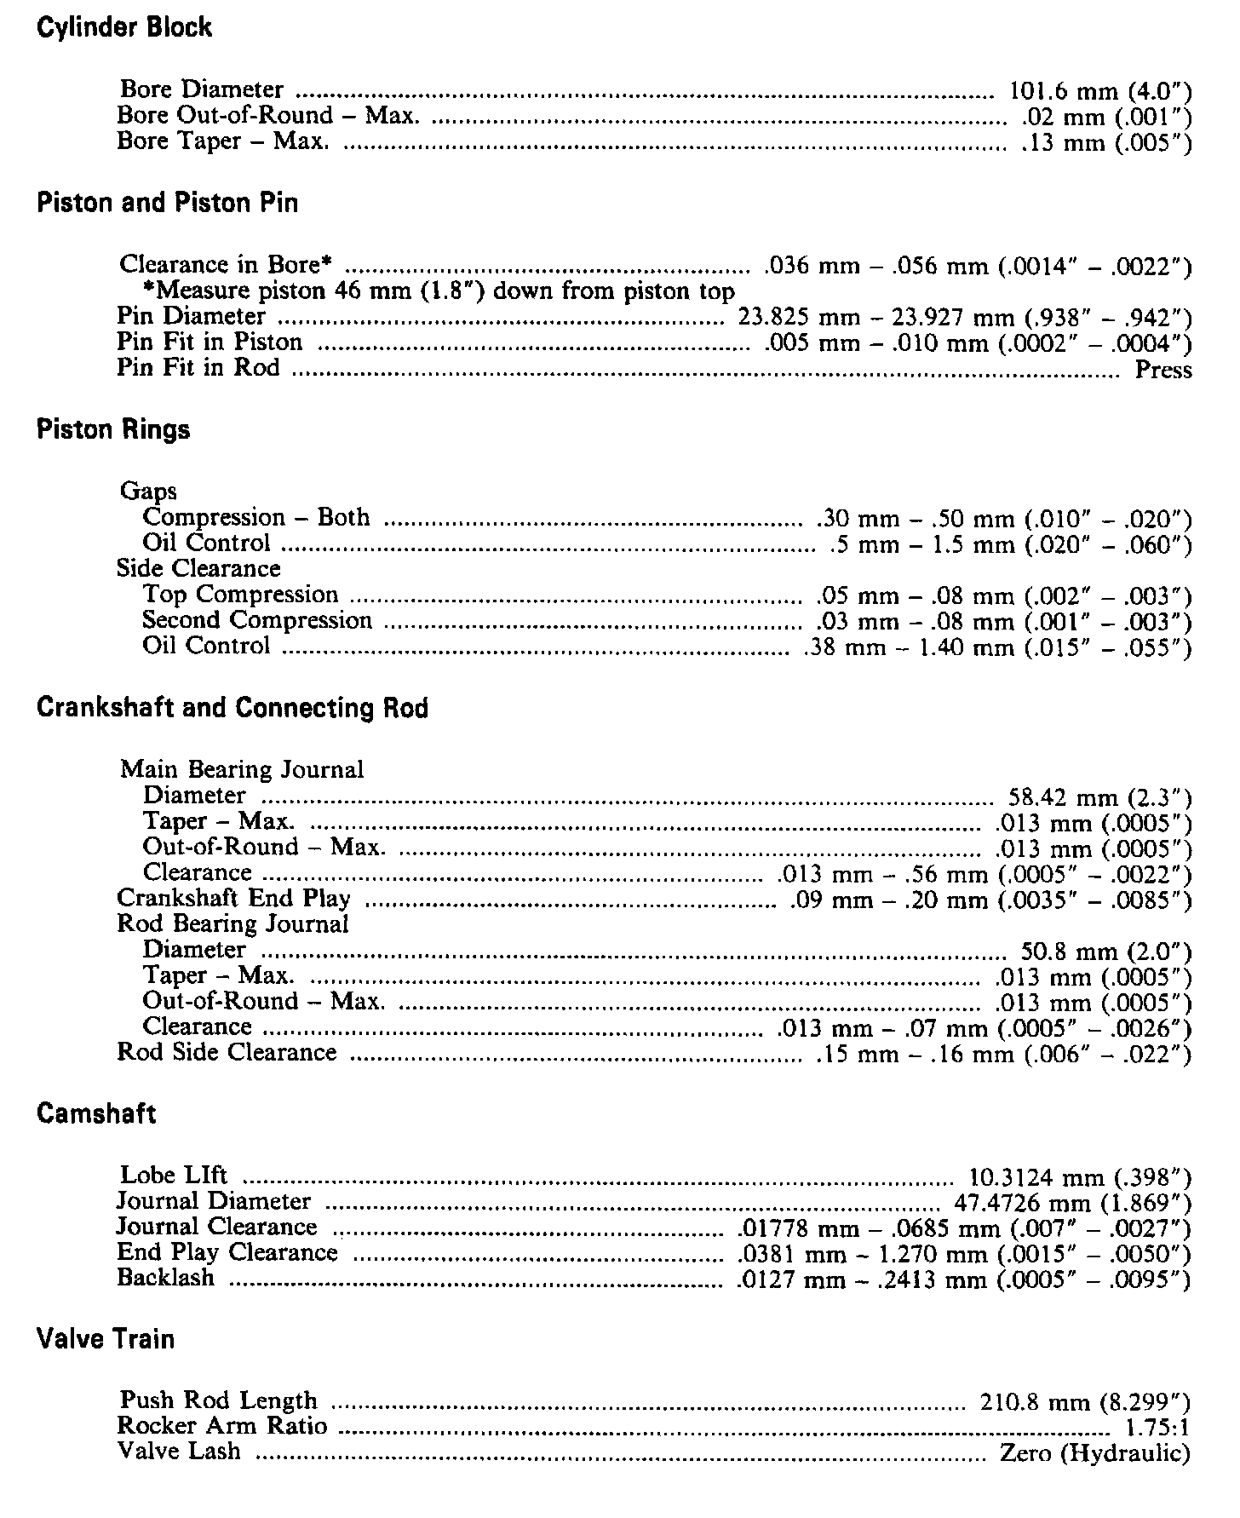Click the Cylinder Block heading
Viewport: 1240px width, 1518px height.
click(x=124, y=27)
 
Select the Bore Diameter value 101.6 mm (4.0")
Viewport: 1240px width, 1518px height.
click(x=1100, y=91)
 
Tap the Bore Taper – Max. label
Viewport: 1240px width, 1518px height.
click(x=223, y=141)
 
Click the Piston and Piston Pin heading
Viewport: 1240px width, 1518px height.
click(x=168, y=203)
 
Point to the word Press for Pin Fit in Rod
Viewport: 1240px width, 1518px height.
click(x=1163, y=370)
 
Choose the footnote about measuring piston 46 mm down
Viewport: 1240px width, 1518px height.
click(x=438, y=291)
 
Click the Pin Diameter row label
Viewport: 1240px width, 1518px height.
click(x=192, y=317)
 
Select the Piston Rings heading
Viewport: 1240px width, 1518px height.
click(x=113, y=429)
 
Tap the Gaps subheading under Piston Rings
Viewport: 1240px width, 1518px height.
click(x=148, y=492)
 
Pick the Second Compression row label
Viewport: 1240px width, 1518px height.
click(x=257, y=620)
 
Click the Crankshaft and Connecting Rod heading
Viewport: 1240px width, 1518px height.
click(x=232, y=708)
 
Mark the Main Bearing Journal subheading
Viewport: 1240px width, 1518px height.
click(x=242, y=770)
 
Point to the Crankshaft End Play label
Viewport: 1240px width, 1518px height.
click(x=233, y=899)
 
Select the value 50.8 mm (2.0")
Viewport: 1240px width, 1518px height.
click(x=1106, y=952)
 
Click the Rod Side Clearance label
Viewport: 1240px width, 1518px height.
click(x=227, y=1053)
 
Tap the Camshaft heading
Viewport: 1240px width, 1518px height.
click(x=96, y=1114)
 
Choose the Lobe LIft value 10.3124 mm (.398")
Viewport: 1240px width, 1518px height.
click(x=1080, y=1178)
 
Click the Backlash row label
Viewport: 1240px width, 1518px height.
click(x=166, y=1279)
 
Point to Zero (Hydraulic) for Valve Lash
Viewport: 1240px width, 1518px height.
click(x=1095, y=1452)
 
